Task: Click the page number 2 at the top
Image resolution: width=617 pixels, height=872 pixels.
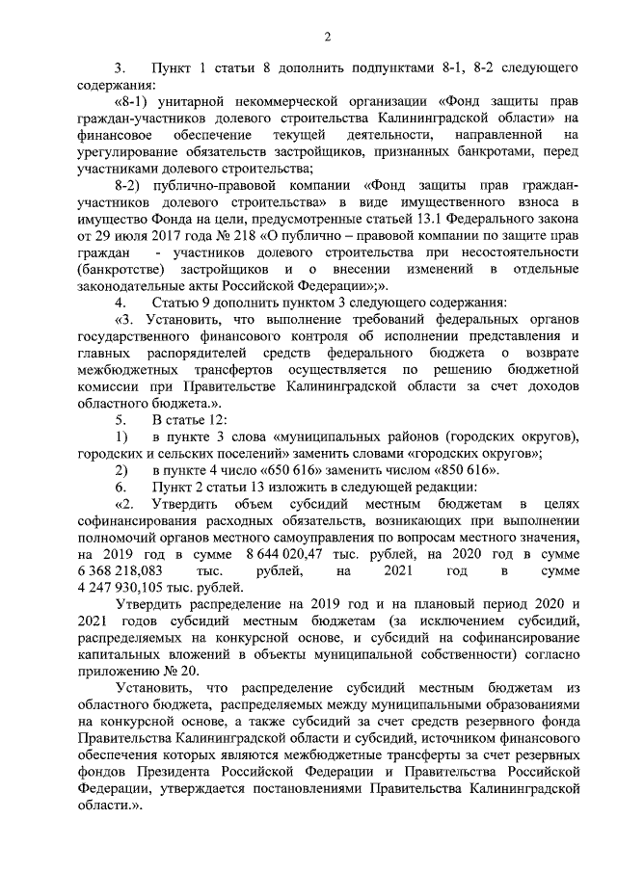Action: (327, 38)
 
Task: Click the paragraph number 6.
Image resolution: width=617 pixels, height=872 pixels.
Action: (121, 488)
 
